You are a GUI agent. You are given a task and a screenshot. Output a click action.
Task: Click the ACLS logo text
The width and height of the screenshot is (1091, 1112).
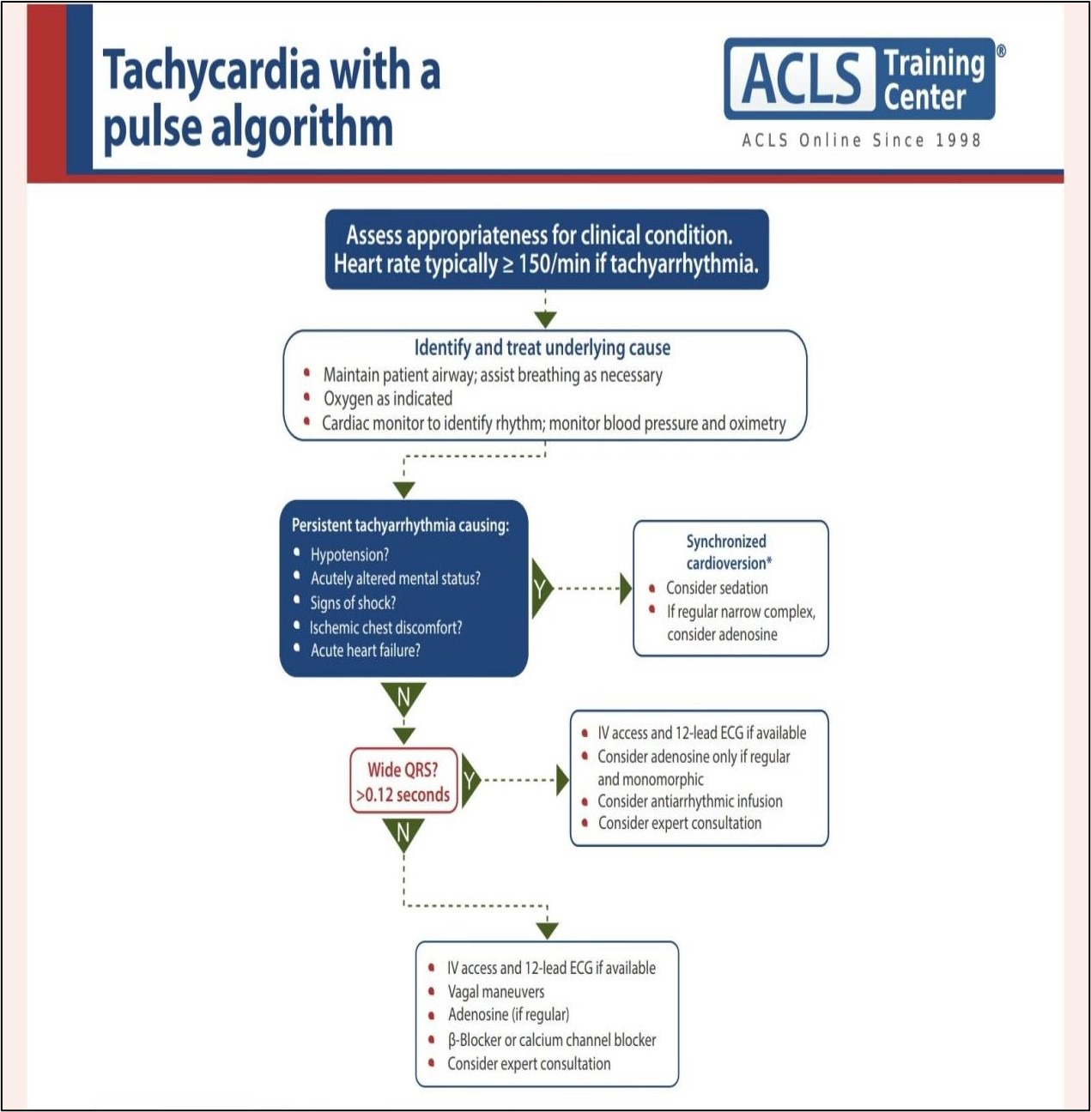point(802,78)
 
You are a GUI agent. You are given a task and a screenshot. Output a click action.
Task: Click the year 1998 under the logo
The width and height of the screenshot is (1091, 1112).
point(958,140)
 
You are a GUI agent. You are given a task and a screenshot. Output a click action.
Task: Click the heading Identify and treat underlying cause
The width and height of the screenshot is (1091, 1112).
point(542,348)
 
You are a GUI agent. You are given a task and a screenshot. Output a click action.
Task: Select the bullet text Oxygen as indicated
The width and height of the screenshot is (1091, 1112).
point(387,399)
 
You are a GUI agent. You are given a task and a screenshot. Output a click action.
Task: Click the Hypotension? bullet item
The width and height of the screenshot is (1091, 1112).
point(349,554)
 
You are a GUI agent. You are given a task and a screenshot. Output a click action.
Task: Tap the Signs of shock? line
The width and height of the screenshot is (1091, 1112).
point(353,602)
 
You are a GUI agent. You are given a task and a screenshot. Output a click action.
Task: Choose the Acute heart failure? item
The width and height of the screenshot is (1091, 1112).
point(365,650)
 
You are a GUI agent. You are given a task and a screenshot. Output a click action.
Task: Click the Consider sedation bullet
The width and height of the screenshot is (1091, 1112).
point(717,588)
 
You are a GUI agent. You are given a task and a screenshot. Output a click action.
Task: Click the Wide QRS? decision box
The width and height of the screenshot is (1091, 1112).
point(403,782)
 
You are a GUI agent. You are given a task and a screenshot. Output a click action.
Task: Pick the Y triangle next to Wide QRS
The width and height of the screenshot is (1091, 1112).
point(470,780)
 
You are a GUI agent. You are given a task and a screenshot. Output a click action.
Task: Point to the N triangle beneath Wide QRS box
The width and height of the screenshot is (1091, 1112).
point(403,834)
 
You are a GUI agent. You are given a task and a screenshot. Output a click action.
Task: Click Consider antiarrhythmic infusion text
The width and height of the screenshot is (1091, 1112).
point(689,801)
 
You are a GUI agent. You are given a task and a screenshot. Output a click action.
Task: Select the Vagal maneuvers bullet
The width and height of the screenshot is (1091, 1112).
point(495,991)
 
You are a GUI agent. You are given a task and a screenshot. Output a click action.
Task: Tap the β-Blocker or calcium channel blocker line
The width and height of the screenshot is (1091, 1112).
point(552,1040)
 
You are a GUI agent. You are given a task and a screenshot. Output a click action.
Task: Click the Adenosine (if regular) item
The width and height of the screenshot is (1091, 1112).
point(508,1015)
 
